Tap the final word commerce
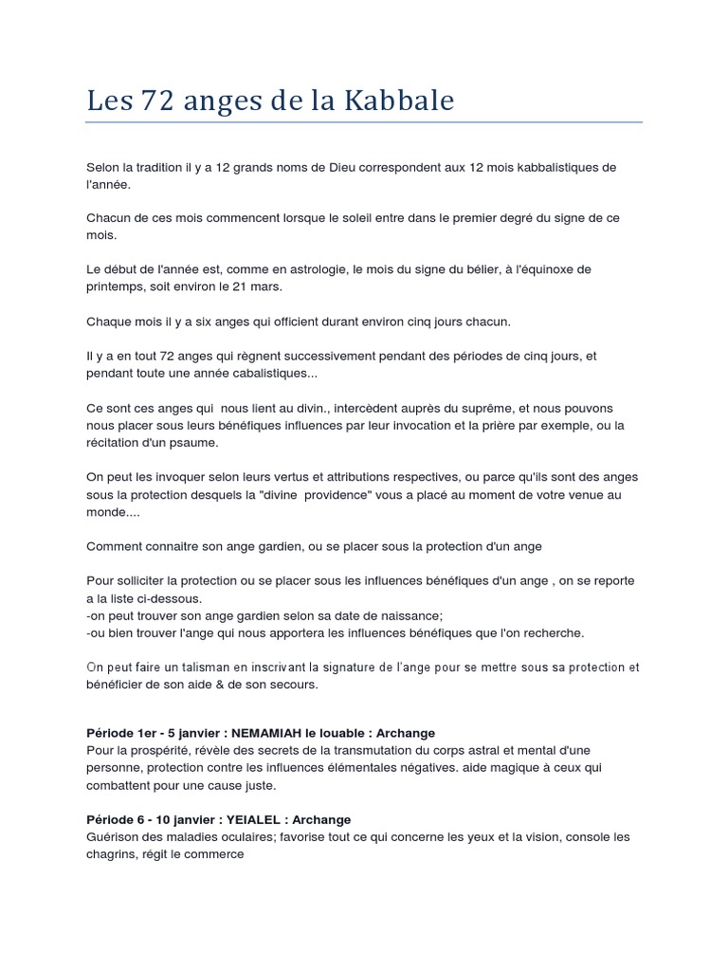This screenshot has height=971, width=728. [214, 854]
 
